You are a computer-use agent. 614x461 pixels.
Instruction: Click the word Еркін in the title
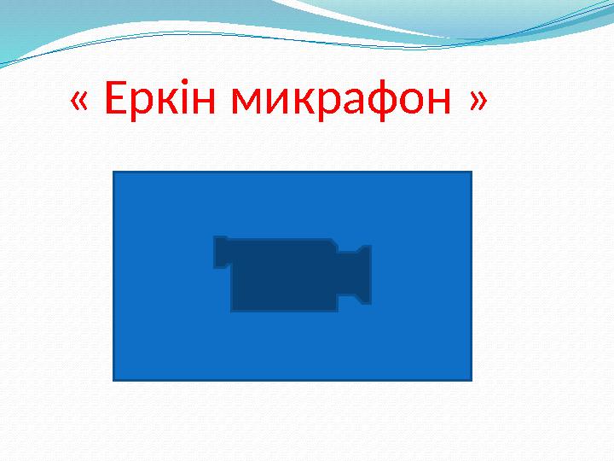(163, 102)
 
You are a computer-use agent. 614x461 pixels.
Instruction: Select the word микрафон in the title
(344, 102)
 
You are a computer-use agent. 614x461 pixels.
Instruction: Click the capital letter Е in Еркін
(113, 101)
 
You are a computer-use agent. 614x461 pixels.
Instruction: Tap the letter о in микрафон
(415, 106)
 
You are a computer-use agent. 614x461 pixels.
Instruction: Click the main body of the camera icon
(283, 275)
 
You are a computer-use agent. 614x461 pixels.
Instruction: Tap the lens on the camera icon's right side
(362, 274)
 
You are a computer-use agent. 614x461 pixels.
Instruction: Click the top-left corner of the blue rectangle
(114, 172)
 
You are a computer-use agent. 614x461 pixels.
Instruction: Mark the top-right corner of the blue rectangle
(471, 172)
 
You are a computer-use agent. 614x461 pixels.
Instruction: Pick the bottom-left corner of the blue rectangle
(114, 378)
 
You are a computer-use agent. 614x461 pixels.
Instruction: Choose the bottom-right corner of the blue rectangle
(471, 378)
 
